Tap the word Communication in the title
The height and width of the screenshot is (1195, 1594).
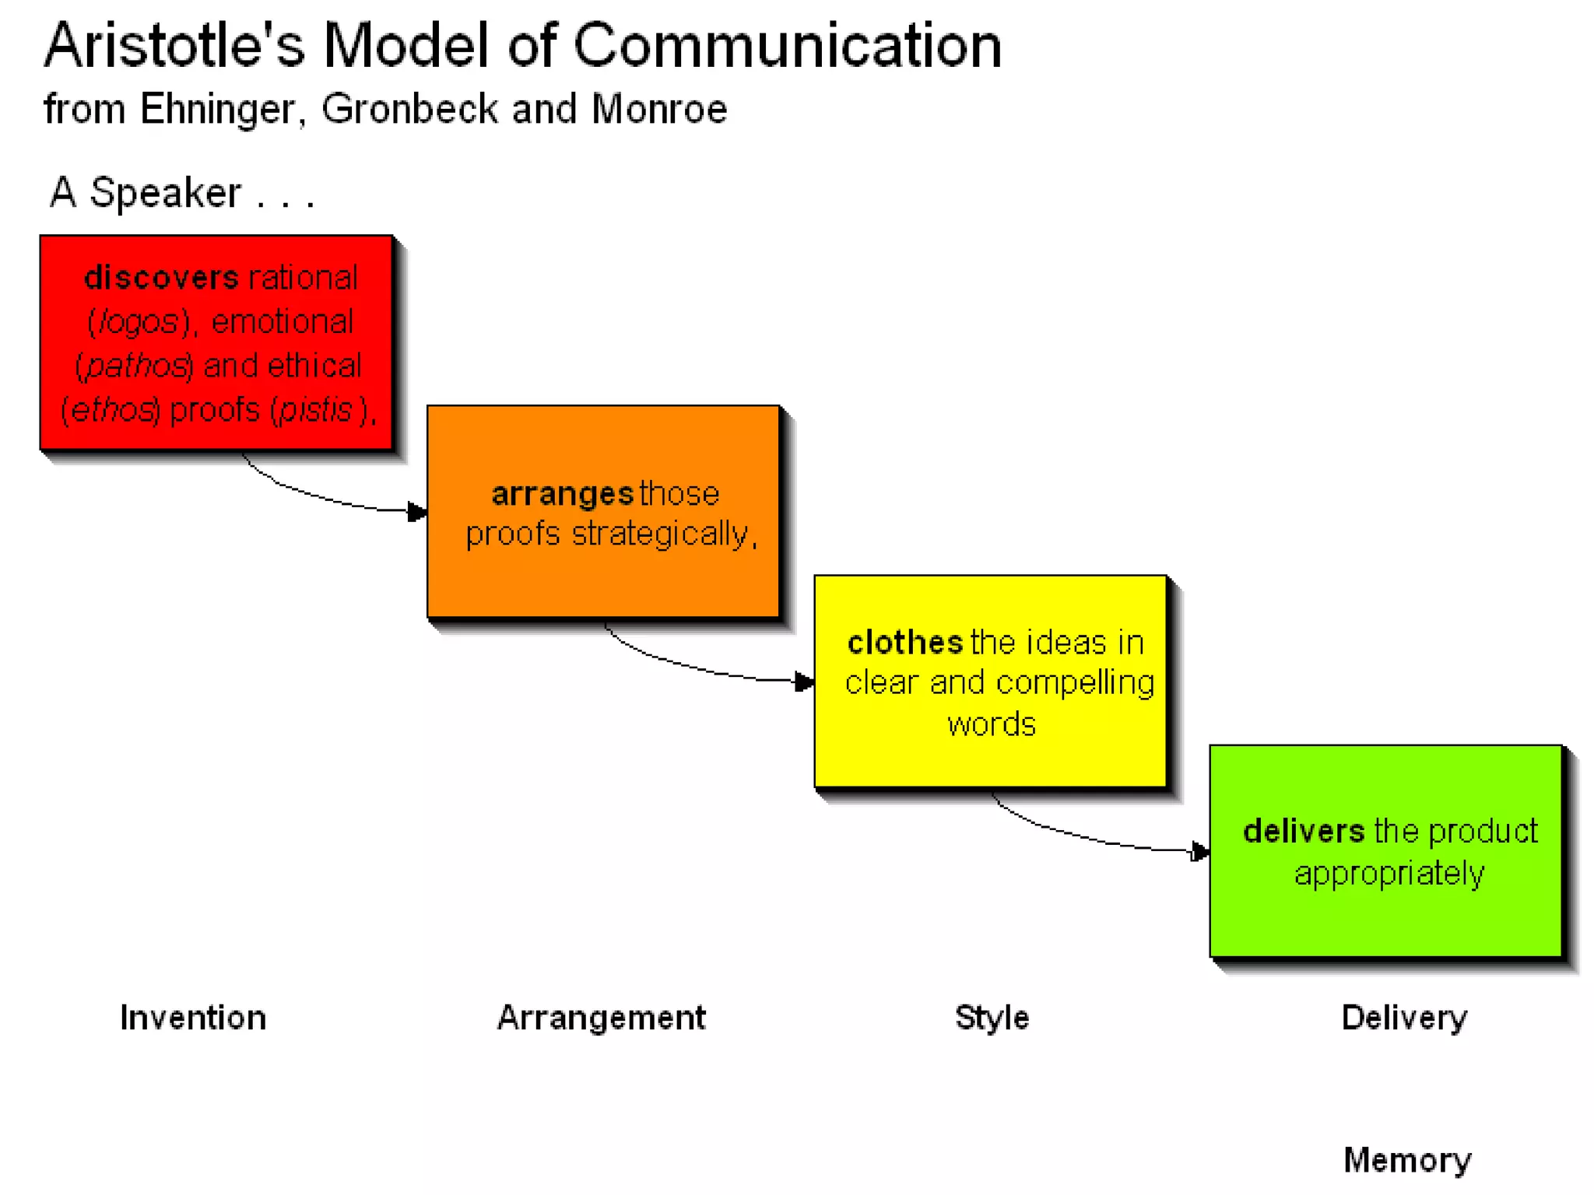[x=787, y=45]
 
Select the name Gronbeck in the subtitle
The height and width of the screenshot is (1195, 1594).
[x=409, y=109]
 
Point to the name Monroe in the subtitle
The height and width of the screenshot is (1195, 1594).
[x=659, y=109]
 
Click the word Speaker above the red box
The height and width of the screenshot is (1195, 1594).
[x=165, y=192]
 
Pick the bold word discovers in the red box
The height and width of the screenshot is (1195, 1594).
[x=161, y=278]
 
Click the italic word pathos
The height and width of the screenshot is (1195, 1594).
[x=135, y=366]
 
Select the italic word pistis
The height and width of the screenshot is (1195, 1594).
[x=316, y=410]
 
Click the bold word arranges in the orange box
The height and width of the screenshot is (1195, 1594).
[x=563, y=494]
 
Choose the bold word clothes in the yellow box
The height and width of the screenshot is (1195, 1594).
[x=905, y=643]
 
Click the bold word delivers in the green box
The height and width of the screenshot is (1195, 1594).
[x=1304, y=832]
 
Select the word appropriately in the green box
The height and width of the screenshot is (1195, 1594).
[x=1389, y=874]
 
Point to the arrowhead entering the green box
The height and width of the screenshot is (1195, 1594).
[x=1200, y=852]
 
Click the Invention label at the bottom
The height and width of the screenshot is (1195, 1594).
[x=193, y=1018]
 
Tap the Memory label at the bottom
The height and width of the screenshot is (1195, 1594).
[x=1407, y=1160]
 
